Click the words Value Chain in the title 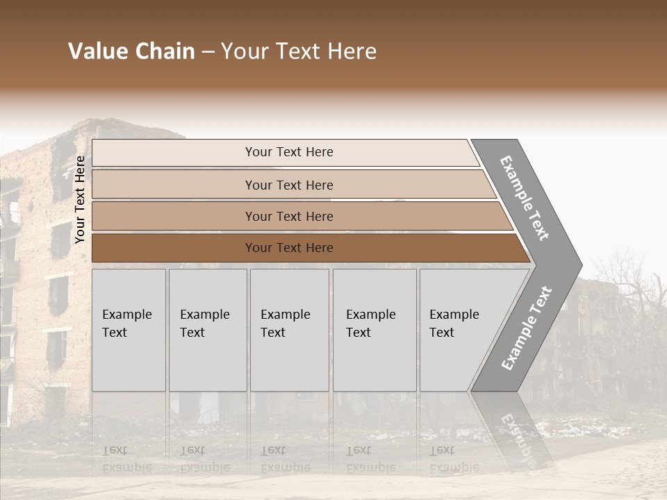131,51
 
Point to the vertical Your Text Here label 81,200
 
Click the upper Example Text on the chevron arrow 525,198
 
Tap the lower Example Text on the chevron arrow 527,328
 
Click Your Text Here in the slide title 299,51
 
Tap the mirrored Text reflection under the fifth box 442,450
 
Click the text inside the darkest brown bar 289,248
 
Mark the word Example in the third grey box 285,315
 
